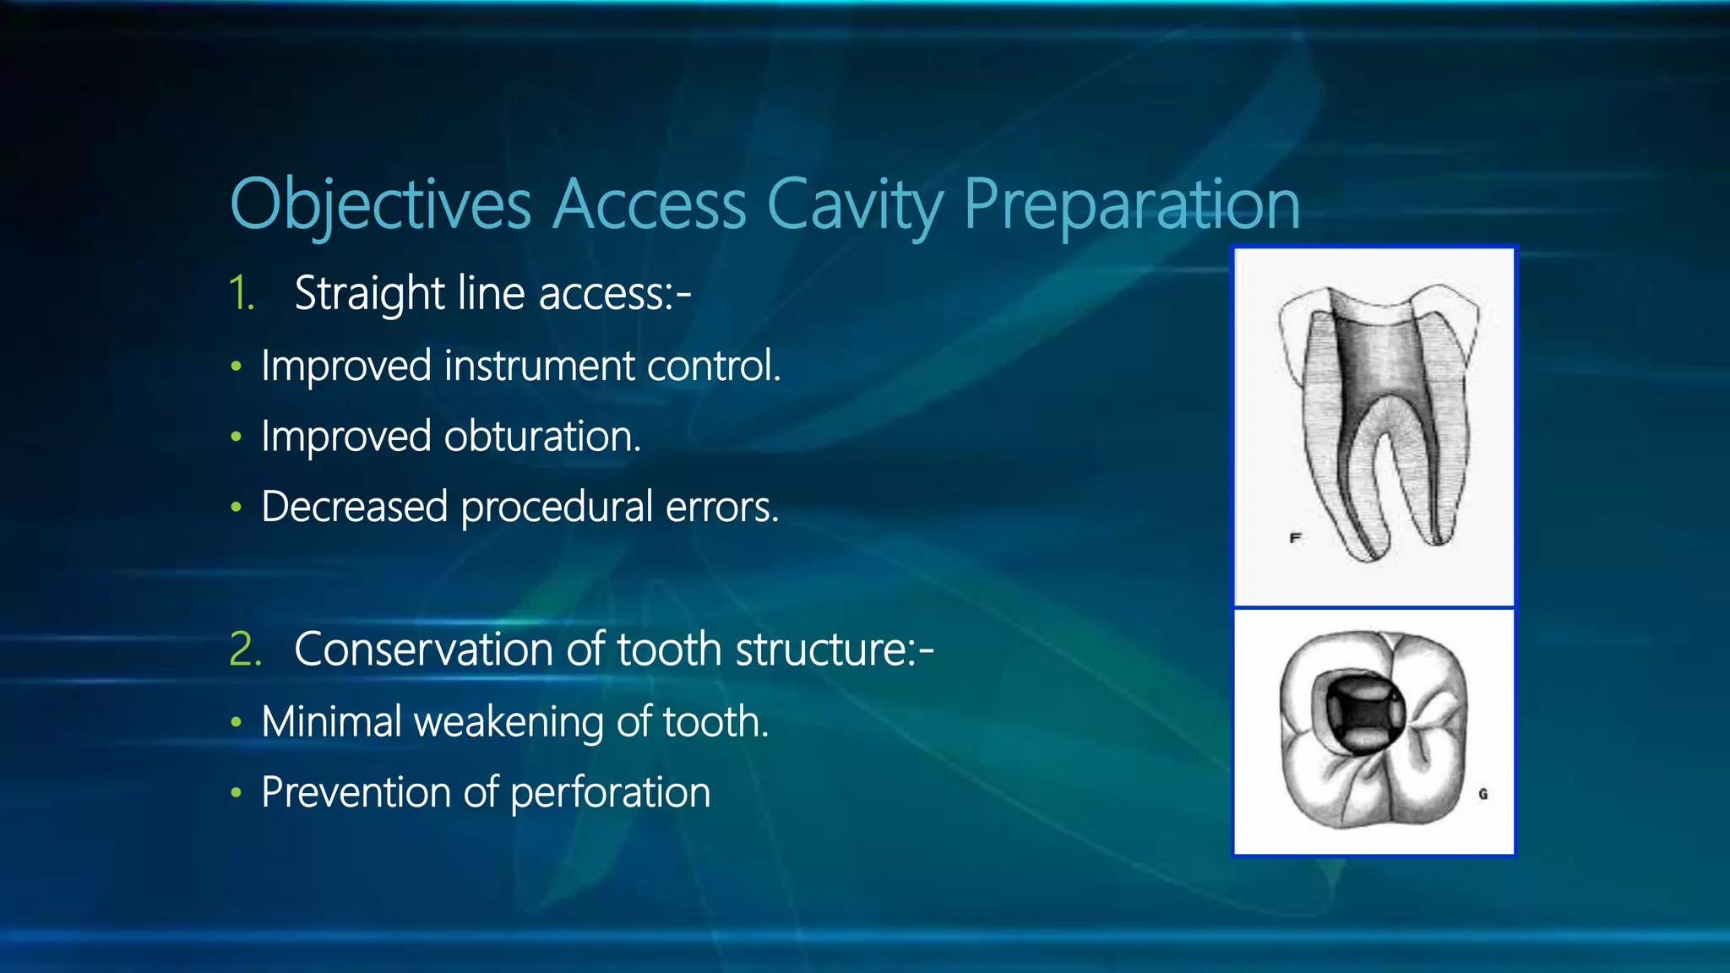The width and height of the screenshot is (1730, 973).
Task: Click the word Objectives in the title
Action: pos(380,204)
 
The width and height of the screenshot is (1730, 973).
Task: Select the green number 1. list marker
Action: pos(242,294)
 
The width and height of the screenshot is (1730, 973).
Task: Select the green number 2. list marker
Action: pos(245,650)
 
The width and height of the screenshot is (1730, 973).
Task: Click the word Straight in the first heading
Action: pos(368,294)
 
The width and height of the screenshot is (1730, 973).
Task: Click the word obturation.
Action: pos(542,437)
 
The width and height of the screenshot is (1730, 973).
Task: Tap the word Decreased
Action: pos(354,508)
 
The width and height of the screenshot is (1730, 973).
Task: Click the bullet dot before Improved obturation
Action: pos(237,438)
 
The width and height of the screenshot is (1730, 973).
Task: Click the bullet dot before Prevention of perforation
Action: pos(237,793)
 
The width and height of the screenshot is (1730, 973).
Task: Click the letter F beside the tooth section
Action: pos(1295,537)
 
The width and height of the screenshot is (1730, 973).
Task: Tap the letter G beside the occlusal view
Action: pos(1482,794)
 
